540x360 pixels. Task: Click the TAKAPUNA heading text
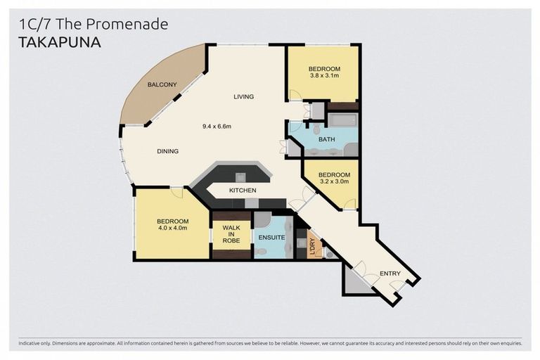click(x=60, y=42)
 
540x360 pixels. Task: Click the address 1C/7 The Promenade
click(x=93, y=24)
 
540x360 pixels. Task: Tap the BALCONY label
click(x=162, y=85)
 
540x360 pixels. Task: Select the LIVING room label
click(x=244, y=96)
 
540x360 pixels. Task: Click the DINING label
click(x=167, y=151)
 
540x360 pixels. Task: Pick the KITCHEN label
click(x=243, y=191)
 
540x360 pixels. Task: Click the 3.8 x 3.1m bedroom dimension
click(x=323, y=75)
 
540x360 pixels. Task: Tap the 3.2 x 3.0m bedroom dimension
click(x=333, y=181)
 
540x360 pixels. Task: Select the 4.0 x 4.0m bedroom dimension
click(x=172, y=228)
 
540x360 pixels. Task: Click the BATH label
click(x=327, y=139)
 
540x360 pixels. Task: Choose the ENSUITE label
click(x=271, y=238)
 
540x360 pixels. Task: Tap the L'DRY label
click(x=311, y=247)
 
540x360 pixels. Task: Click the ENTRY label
click(x=390, y=273)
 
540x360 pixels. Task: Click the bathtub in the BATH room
click(x=344, y=121)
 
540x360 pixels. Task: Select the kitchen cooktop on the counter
click(x=240, y=176)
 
